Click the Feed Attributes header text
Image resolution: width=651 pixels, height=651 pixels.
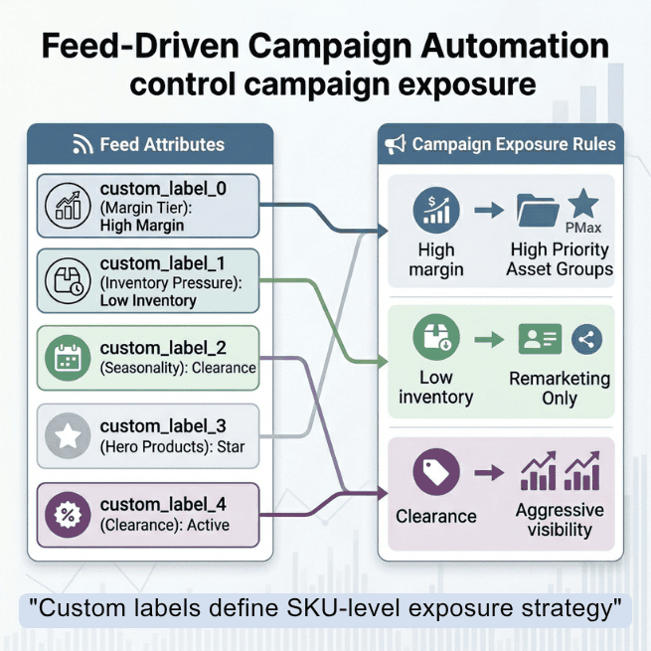162,145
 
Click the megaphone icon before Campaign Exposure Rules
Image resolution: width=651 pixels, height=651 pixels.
396,145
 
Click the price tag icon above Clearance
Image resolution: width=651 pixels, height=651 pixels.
435,473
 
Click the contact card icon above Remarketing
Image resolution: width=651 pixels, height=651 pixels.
540,339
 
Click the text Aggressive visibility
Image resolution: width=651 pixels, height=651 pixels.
560,520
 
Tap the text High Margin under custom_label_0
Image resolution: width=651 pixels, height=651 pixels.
143,226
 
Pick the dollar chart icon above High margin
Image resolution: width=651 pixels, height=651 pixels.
435,211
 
